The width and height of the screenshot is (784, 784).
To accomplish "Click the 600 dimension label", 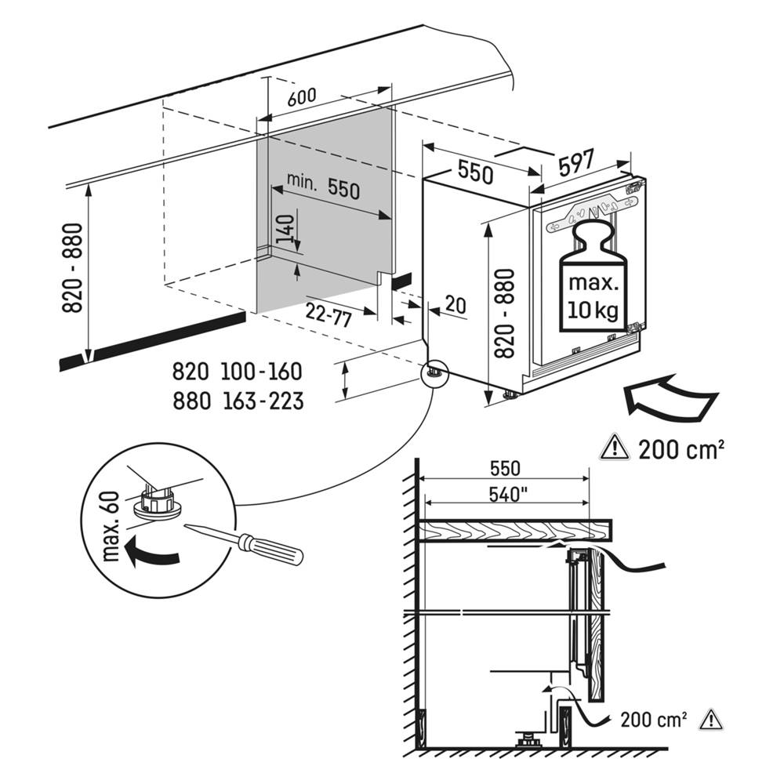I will [302, 97].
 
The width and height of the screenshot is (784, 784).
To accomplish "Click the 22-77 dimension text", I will [328, 313].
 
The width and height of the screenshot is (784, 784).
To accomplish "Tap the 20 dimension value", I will [456, 305].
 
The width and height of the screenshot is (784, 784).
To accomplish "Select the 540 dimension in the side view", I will [505, 495].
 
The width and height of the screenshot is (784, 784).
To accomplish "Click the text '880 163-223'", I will [237, 401].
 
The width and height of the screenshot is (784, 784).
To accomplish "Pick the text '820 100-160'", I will [237, 372].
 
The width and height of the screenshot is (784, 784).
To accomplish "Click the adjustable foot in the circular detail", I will [157, 502].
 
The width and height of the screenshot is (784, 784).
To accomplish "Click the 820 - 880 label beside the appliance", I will [503, 314].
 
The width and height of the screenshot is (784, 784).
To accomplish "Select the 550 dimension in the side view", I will [505, 469].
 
